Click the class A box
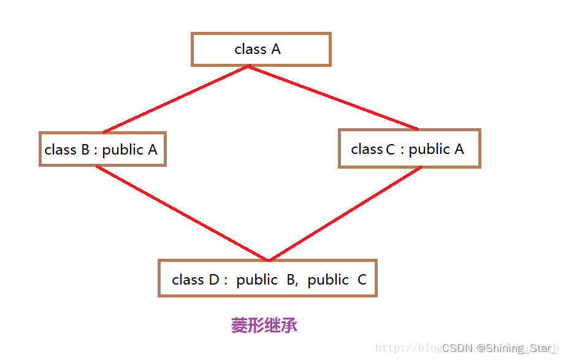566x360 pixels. point(261,49)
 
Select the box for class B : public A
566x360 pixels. point(102,149)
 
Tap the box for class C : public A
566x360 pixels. point(409,148)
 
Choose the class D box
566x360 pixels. point(267,278)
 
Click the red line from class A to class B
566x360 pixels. point(175,99)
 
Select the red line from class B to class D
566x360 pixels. point(182,213)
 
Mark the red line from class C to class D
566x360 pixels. point(345,213)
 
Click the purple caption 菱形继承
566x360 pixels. point(264,325)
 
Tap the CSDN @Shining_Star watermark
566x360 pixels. point(496,348)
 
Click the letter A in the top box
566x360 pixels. point(275,49)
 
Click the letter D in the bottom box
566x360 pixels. point(214,280)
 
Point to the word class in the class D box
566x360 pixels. point(188,280)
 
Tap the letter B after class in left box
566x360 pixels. point(85,150)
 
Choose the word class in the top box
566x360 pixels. point(250,49)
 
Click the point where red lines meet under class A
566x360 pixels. point(248,66)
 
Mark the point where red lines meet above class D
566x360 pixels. point(268,260)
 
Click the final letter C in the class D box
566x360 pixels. point(362,280)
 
